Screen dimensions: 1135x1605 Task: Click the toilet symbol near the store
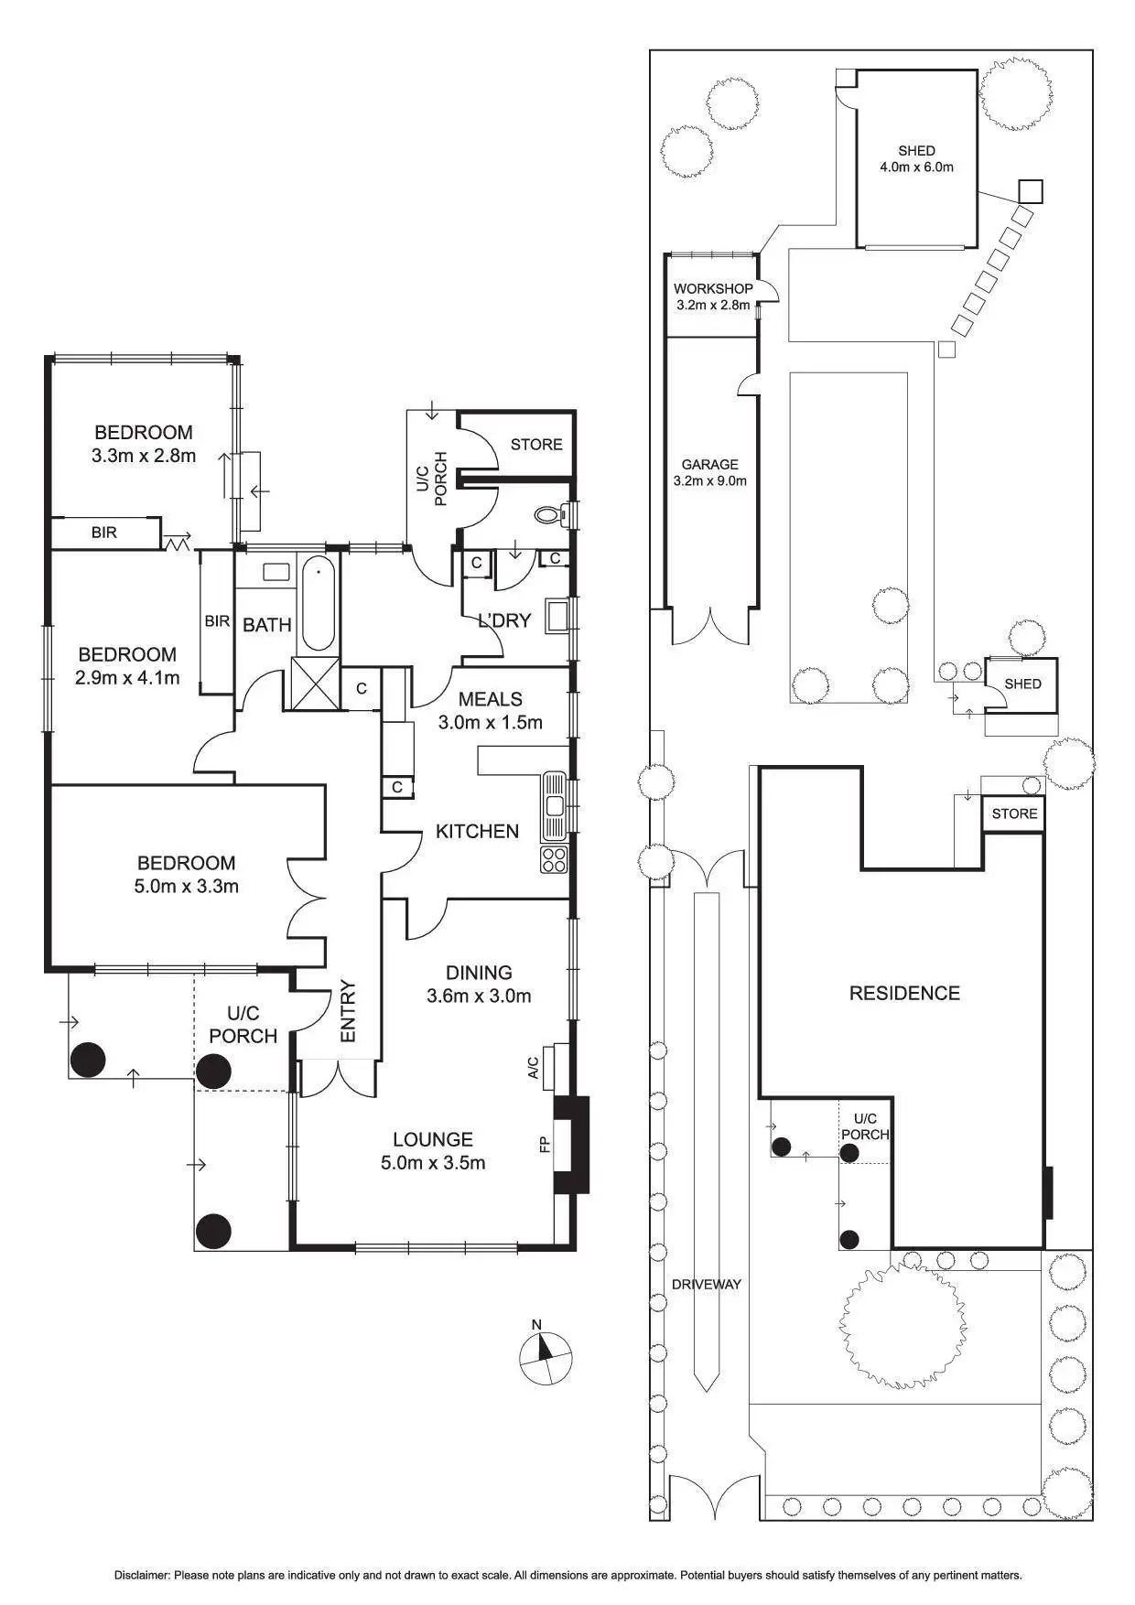550,515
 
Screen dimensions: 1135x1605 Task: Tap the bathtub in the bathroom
318,603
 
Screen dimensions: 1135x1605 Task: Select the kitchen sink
555,805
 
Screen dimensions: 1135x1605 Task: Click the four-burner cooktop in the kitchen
554,859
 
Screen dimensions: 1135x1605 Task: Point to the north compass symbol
546,1358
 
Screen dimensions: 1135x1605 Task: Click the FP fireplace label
545,1144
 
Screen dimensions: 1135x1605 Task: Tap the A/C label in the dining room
535,1067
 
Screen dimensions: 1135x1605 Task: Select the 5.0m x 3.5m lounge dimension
433,1163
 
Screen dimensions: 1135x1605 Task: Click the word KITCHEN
477,831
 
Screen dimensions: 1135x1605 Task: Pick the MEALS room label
491,699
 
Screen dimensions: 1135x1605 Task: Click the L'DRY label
504,620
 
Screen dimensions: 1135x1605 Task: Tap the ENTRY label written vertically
348,1011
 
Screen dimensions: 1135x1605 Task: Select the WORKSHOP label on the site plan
713,288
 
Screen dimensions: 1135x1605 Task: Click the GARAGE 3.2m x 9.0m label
709,472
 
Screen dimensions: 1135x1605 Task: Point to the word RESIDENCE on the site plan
904,993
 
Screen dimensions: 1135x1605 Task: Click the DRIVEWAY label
707,1284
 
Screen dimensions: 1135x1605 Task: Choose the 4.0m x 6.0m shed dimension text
916,167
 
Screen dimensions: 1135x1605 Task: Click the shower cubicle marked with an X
315,683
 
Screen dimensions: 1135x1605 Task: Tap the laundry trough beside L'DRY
557,616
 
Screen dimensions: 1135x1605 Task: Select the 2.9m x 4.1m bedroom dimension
127,678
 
